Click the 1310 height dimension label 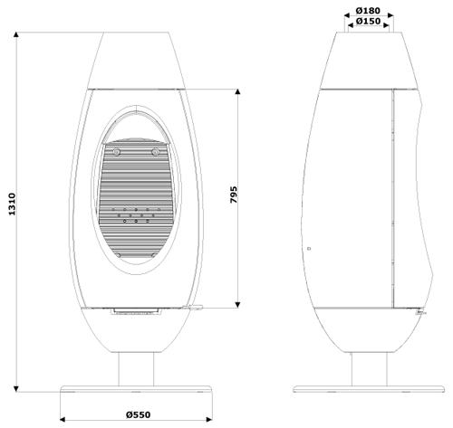(x=12, y=204)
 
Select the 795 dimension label (x=234, y=195)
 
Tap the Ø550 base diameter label (x=138, y=414)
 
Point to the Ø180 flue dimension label (x=368, y=11)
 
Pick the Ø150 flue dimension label (x=368, y=21)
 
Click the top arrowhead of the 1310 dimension (x=16, y=34)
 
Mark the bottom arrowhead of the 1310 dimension (x=16, y=389)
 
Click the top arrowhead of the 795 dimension (x=238, y=92)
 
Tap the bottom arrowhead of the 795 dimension (x=238, y=305)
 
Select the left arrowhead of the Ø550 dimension (x=63, y=419)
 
